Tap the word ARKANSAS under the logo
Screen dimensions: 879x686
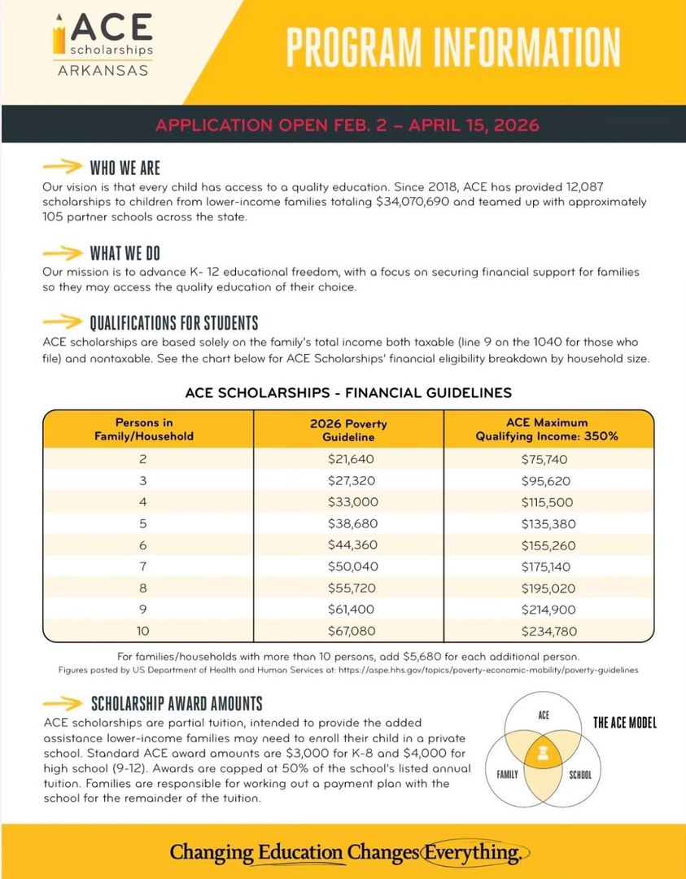(x=103, y=70)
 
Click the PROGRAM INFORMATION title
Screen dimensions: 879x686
(x=452, y=46)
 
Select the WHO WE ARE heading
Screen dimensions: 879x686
(x=125, y=168)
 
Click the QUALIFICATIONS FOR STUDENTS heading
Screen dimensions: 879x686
(x=173, y=323)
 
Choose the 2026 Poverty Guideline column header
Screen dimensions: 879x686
(x=348, y=430)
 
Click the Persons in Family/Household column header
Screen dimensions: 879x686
(x=144, y=430)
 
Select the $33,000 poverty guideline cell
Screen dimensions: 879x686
(x=348, y=502)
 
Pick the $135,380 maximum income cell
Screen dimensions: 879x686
(x=547, y=523)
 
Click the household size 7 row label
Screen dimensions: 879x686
(x=143, y=566)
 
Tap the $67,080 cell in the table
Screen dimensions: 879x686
(x=348, y=629)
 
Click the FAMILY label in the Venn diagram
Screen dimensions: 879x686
(x=508, y=775)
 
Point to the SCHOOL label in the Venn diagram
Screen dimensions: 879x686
(x=580, y=775)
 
